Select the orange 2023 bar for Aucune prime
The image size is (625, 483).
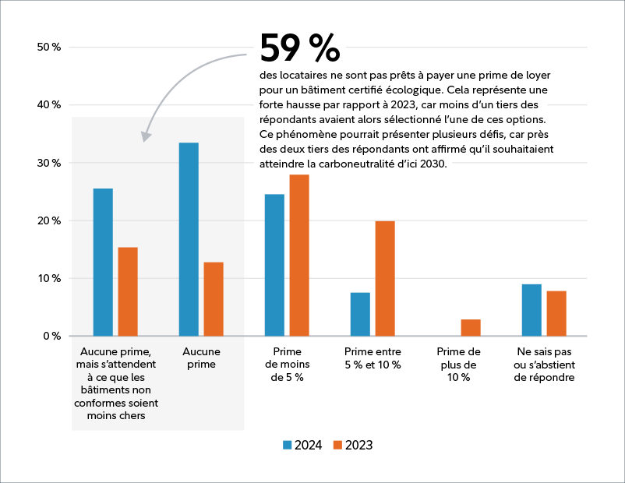point(214,299)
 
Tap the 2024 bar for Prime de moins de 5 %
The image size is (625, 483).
point(274,265)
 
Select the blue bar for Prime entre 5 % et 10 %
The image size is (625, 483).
point(360,314)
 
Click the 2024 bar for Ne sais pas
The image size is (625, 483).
point(531,310)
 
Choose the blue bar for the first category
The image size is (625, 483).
point(103,262)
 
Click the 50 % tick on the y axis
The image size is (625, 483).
point(49,48)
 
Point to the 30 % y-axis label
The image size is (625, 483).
point(49,163)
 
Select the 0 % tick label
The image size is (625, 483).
point(52,337)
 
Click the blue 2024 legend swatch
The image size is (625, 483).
point(288,445)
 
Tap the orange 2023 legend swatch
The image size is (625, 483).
point(338,445)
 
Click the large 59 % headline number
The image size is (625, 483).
point(299,49)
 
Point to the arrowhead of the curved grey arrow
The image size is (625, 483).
point(146,137)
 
